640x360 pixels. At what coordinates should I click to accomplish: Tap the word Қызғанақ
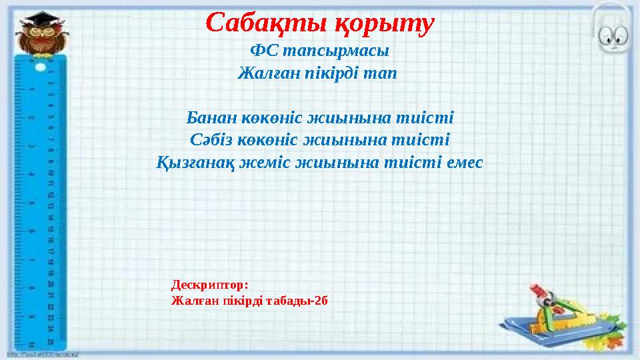[194, 162]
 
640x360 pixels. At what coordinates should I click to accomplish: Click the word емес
[458, 162]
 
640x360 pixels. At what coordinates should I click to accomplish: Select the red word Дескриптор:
[210, 285]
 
